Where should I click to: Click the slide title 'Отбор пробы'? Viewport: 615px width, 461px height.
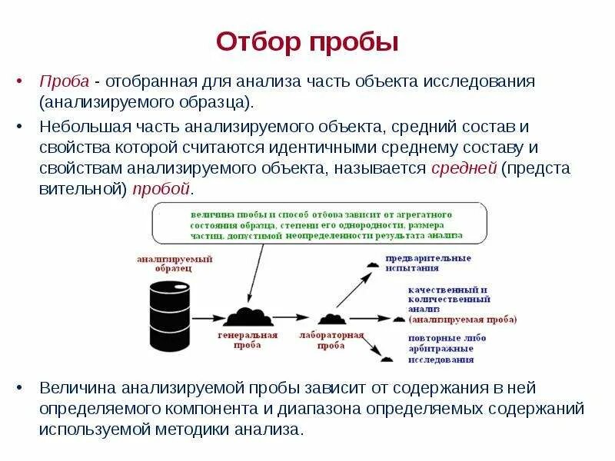307,41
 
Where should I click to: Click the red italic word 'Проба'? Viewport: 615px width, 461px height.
65,81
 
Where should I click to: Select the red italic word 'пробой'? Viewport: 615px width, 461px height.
160,189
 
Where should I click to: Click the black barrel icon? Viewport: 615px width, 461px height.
169,316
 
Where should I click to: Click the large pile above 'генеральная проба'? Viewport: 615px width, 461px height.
247,316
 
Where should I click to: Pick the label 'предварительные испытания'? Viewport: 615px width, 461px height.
428,263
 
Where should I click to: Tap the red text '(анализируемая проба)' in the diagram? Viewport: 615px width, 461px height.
463,319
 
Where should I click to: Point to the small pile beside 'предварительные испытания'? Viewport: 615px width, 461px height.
373,264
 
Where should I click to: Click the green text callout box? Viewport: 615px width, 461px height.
318,224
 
